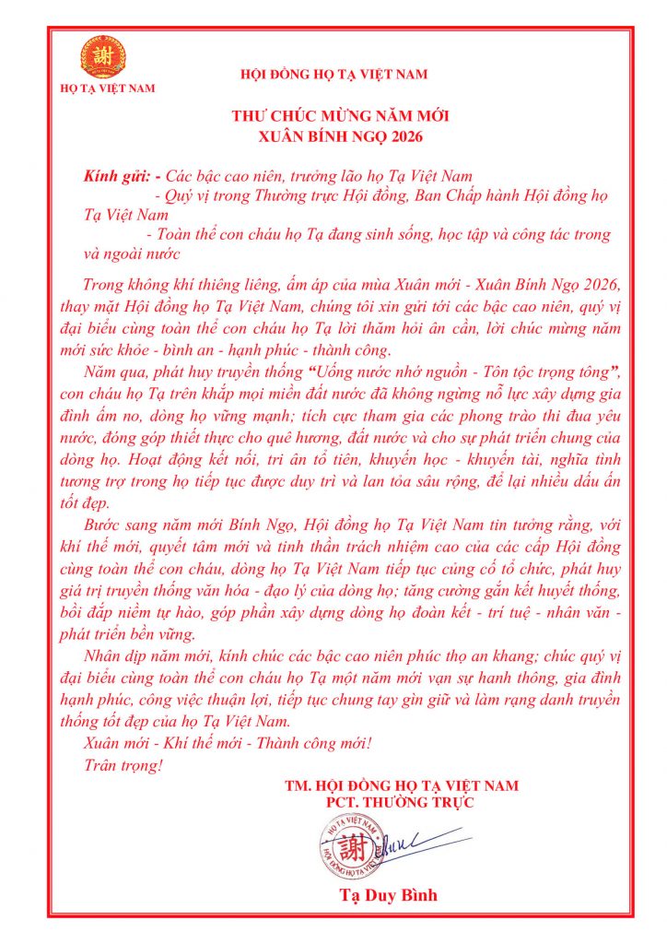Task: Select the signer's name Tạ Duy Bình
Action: click(x=388, y=895)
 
